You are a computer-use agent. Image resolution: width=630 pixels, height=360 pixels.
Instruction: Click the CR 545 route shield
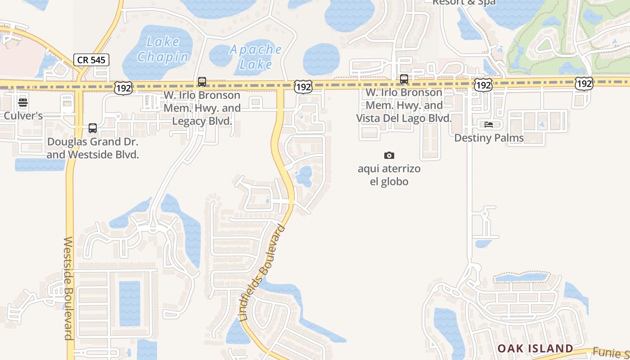point(91,60)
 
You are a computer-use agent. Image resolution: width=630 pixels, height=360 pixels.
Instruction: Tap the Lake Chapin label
point(163,49)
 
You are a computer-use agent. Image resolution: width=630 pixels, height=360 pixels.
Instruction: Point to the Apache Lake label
point(256,57)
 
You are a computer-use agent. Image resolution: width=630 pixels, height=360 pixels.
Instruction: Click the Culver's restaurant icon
point(23,103)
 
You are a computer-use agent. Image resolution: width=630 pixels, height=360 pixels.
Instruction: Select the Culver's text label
point(23,116)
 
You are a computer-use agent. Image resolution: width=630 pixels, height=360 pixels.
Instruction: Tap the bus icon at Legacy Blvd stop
point(202,82)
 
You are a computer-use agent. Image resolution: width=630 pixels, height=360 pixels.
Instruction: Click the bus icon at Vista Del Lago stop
point(404,79)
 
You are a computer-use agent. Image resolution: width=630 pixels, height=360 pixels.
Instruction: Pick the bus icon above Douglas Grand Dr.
point(93,128)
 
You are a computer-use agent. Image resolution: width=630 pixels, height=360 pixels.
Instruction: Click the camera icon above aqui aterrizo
point(389,156)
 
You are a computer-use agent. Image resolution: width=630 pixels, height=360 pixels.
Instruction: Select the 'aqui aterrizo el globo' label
point(389,175)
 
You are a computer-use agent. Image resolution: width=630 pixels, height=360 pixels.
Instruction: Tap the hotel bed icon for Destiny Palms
point(489,125)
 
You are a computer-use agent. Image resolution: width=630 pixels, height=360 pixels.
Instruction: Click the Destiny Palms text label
point(489,138)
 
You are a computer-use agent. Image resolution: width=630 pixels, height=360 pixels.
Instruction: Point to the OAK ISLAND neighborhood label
point(535,348)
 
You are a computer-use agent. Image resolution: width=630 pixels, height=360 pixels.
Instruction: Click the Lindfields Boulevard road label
point(263,273)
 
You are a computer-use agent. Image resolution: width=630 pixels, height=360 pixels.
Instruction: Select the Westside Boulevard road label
point(68,288)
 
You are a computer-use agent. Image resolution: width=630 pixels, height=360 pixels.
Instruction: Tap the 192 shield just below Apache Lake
point(303,87)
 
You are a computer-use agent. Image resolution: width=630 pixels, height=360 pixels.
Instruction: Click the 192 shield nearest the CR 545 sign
point(123,88)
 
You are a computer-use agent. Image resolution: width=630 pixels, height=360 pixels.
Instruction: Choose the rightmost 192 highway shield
point(584,83)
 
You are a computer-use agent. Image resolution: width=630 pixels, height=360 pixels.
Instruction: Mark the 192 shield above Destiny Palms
point(483,85)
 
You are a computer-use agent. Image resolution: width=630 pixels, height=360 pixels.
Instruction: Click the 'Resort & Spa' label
point(464,3)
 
